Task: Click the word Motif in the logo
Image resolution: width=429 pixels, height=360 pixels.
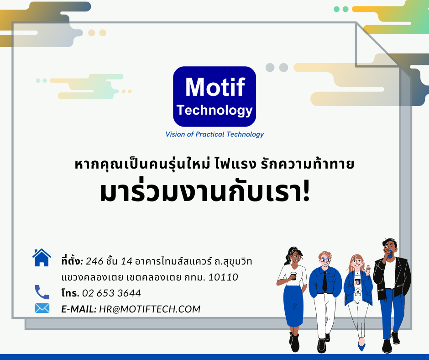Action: (215, 87)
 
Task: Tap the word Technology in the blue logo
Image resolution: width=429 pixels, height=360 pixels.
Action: (214, 111)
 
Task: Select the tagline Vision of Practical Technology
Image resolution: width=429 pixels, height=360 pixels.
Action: (214, 134)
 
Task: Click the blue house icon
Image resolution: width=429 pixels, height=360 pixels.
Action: (42, 258)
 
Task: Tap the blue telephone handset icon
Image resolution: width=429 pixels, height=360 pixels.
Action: (42, 292)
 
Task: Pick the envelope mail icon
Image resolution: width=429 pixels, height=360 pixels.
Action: (42, 308)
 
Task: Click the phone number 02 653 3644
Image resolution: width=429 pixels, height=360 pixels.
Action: (111, 293)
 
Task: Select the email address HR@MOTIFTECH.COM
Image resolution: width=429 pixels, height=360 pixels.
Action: (150, 309)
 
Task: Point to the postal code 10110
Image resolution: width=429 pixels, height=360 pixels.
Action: (223, 277)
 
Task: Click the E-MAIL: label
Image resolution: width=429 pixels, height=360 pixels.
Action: (79, 309)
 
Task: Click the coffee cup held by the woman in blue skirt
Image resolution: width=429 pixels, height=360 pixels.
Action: (293, 276)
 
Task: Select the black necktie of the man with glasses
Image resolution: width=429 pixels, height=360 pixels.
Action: (325, 281)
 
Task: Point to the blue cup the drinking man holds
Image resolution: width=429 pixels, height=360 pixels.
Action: (390, 254)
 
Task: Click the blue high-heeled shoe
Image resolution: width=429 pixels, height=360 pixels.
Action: (361, 346)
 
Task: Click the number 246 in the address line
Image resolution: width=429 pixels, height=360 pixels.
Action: (94, 261)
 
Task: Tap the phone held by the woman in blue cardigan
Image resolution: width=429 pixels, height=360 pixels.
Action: (357, 281)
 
